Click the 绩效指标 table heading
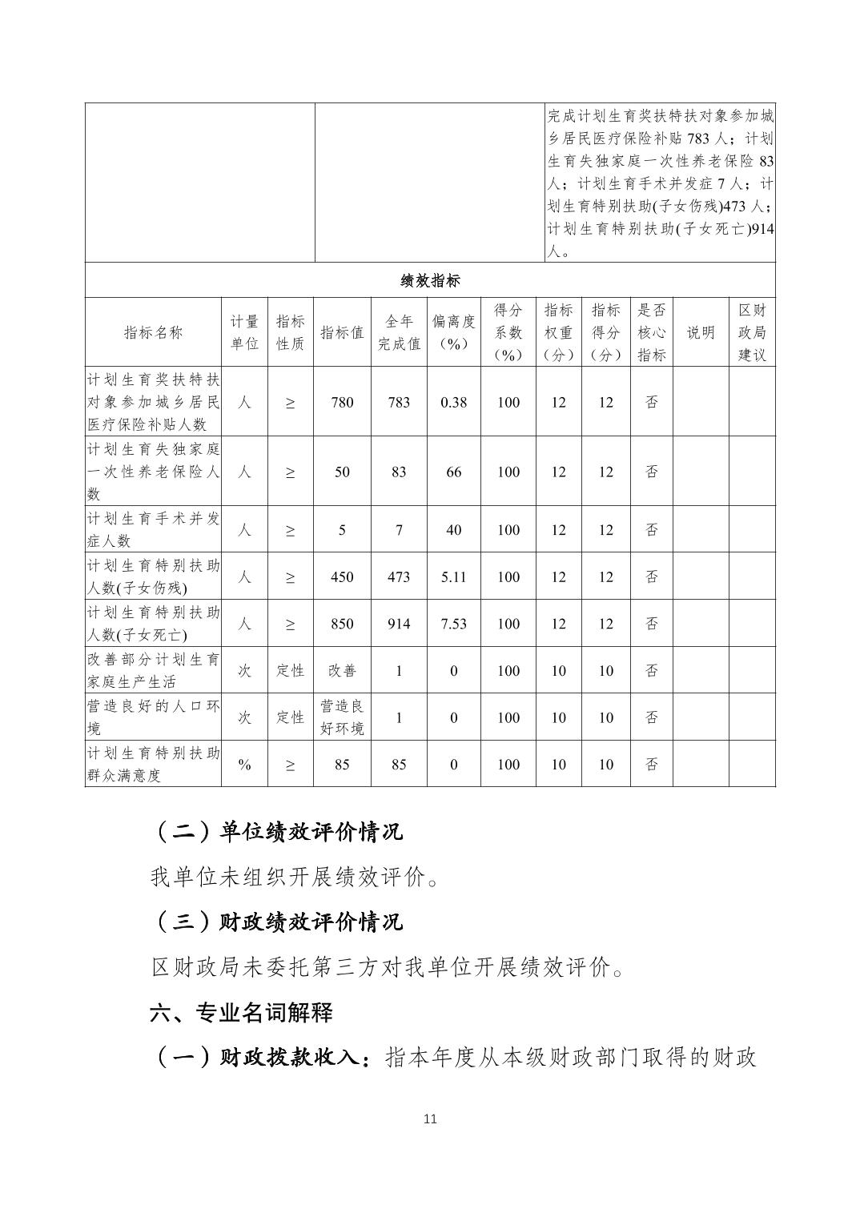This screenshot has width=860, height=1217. [430, 280]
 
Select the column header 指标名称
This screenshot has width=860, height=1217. [153, 332]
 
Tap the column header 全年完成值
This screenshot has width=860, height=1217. [399, 332]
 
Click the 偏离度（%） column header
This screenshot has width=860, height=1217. [453, 332]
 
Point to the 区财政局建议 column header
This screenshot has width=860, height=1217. [752, 332]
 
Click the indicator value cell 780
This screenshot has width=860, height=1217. [342, 402]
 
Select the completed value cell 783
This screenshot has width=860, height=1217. [399, 402]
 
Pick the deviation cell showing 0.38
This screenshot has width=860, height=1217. [453, 402]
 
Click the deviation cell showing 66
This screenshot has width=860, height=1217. [453, 472]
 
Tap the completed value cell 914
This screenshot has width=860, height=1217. [399, 624]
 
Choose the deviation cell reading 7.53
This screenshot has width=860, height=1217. [453, 624]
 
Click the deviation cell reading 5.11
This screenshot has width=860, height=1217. [453, 576]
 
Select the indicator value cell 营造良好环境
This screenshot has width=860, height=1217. [342, 717]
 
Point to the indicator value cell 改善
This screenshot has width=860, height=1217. [342, 671]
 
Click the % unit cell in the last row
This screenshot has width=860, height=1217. [244, 765]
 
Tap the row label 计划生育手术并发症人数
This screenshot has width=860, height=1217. [153, 529]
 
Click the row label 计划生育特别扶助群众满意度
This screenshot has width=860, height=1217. [153, 765]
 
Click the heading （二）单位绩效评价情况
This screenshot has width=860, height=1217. [277, 832]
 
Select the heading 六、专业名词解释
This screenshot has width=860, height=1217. [241, 1013]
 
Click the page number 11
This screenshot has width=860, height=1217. [430, 1119]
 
